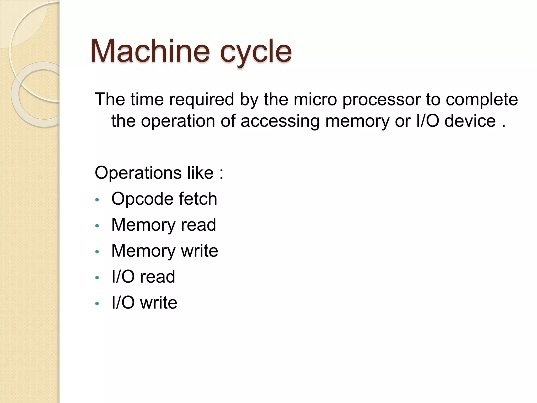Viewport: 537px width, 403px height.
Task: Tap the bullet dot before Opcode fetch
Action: point(97,200)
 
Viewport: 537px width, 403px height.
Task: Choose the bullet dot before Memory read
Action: point(97,226)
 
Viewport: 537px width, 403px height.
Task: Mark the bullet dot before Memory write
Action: point(97,252)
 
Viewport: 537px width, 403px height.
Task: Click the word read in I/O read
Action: point(157,277)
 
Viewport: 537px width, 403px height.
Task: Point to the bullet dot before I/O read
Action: point(97,278)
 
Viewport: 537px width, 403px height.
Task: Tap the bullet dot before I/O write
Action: point(97,304)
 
